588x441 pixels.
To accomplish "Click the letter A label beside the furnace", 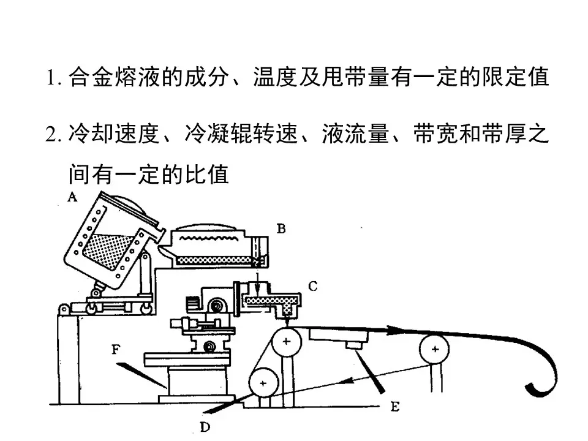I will tap(72, 197).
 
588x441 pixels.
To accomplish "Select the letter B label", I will tap(281, 229).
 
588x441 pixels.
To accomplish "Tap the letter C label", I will tap(312, 285).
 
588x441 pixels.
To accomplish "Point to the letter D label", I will tap(205, 427).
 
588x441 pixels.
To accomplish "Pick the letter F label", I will tap(116, 350).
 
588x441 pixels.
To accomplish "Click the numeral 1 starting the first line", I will tap(51, 79).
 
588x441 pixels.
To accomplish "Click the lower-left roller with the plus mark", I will tap(263, 383).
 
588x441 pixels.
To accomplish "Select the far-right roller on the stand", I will tap(434, 350).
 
